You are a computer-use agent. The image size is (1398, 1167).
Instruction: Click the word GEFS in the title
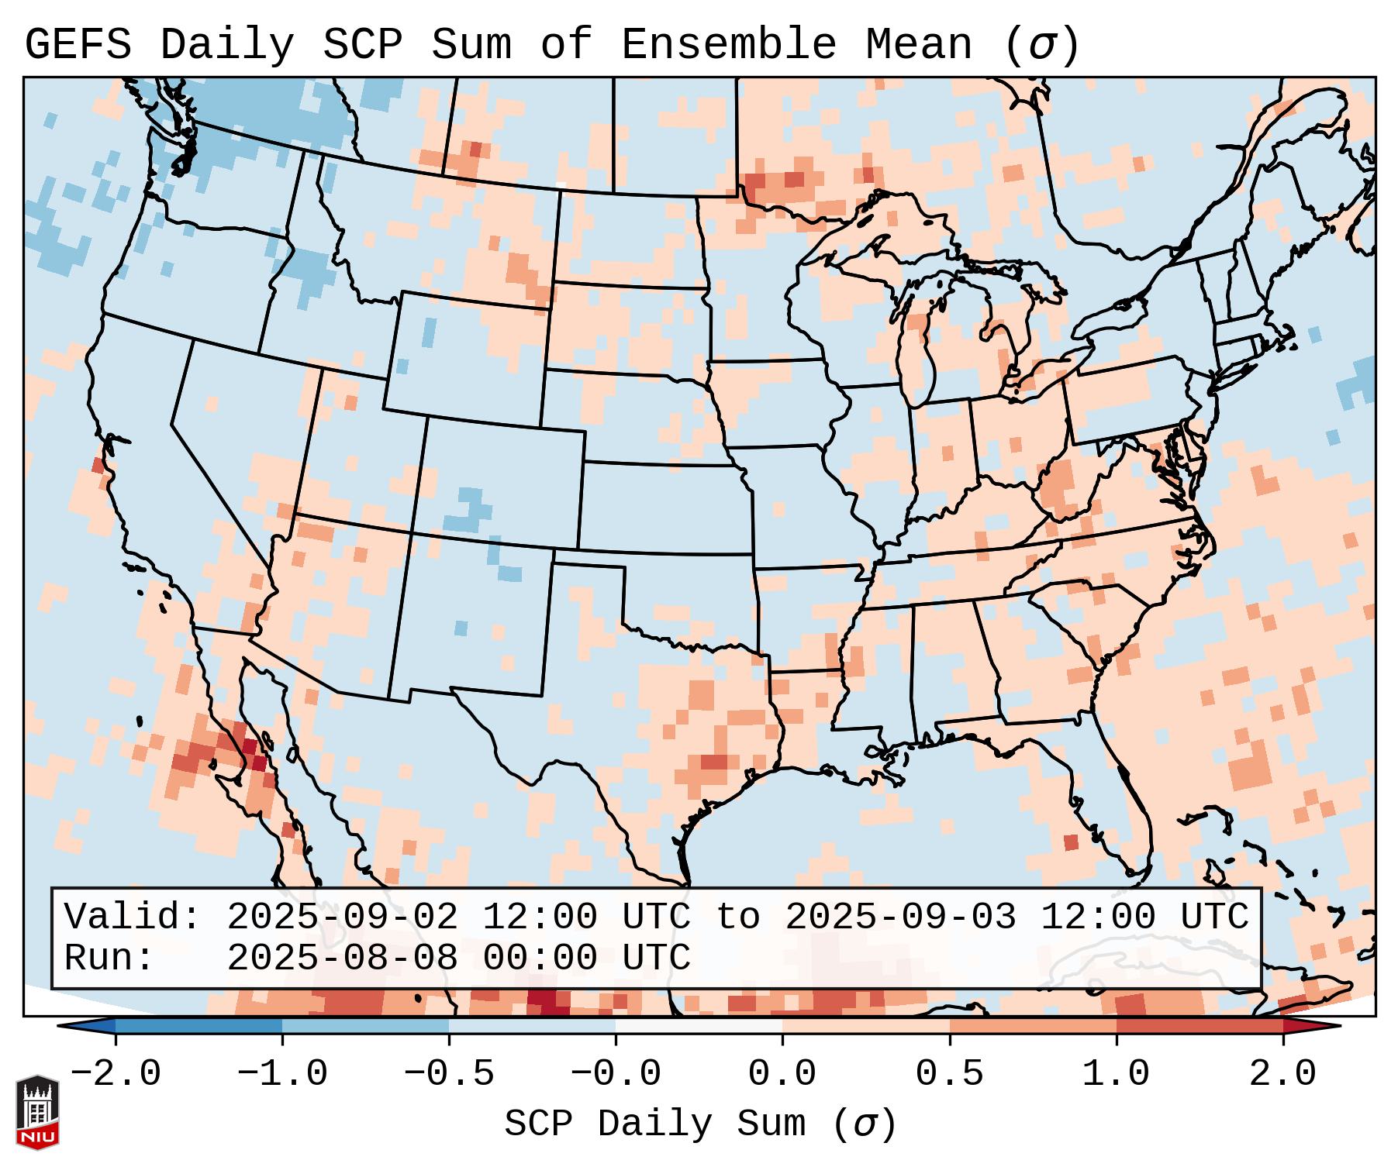pyautogui.click(x=78, y=45)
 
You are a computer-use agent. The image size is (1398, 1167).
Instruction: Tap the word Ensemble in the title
pyautogui.click(x=729, y=45)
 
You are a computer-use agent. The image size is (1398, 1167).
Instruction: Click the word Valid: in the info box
pyautogui.click(x=132, y=917)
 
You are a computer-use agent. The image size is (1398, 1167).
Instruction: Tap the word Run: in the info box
pyautogui.click(x=109, y=958)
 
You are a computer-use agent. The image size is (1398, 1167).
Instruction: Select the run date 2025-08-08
pyautogui.click(x=342, y=958)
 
